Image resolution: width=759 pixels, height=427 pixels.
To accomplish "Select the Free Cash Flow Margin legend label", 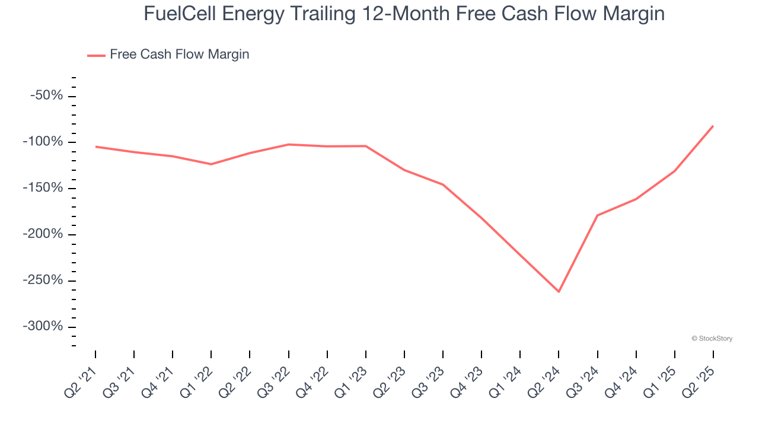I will point(179,55).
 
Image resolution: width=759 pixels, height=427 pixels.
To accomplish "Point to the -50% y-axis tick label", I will point(46,95).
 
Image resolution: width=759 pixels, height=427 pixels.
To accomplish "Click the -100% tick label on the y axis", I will point(43,142).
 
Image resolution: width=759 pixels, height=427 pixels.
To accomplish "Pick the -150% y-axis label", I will point(43,188).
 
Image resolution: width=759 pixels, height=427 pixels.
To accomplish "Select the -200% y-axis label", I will point(43,234).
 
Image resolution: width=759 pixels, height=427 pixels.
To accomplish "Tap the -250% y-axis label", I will point(43,281).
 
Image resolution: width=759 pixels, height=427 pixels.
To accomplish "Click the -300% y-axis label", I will point(43,327).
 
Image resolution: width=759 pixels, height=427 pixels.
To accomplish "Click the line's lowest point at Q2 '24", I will point(559,291).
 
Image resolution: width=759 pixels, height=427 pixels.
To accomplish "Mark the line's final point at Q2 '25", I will point(713,126).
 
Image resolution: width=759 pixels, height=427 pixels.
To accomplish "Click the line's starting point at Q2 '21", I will point(96,146).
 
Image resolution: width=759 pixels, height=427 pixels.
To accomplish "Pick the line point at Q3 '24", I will point(597,215).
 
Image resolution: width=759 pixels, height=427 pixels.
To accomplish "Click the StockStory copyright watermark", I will point(712,339).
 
